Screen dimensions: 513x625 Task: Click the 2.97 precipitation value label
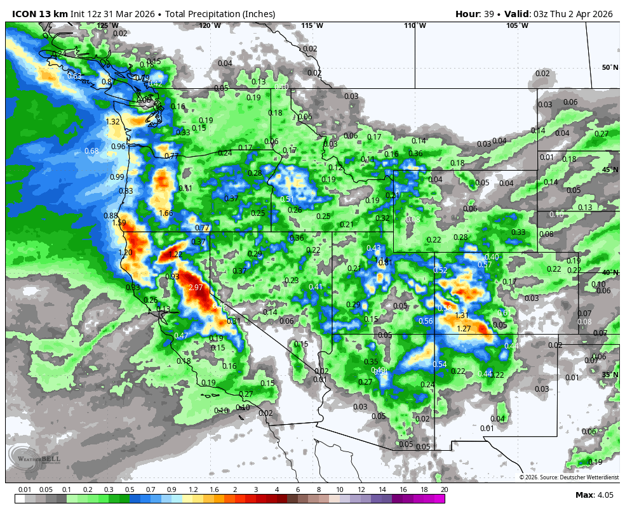click(196, 288)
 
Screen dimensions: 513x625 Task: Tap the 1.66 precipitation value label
click(166, 213)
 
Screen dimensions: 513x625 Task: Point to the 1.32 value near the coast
click(113, 122)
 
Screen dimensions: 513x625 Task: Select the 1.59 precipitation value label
click(119, 223)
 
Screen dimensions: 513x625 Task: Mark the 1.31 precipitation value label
click(462, 316)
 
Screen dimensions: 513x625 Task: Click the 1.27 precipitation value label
click(464, 329)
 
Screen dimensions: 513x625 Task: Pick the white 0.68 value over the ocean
click(91, 151)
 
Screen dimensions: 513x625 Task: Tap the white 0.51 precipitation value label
click(287, 199)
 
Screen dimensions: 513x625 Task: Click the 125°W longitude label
click(107, 25)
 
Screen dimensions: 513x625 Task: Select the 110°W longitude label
click(415, 25)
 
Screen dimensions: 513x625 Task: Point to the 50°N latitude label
click(610, 67)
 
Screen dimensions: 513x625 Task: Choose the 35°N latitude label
click(610, 375)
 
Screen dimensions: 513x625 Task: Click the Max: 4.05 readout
click(593, 495)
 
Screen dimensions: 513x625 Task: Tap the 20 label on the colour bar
click(445, 490)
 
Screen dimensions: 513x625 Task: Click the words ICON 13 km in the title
click(40, 14)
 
